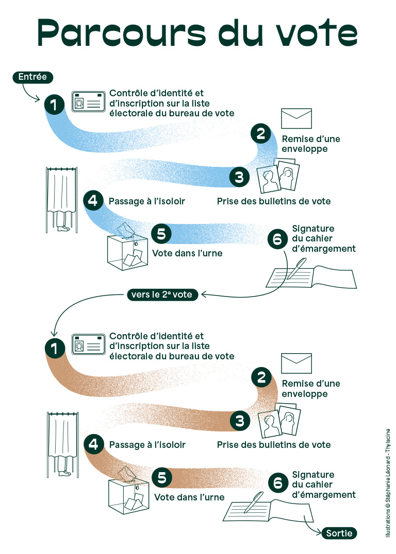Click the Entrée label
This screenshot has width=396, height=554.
click(x=32, y=77)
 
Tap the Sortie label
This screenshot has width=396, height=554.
click(x=339, y=533)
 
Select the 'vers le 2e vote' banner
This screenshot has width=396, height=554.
click(x=162, y=295)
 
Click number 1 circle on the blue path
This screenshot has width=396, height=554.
click(x=54, y=104)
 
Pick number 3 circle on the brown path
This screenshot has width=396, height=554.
click(x=239, y=422)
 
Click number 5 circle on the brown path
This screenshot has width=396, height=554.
click(x=162, y=478)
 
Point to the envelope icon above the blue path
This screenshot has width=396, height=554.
click(x=296, y=118)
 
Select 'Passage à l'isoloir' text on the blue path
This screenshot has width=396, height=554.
click(x=146, y=201)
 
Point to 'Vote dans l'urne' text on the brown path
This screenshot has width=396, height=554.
click(x=189, y=497)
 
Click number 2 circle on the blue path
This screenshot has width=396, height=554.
click(x=261, y=134)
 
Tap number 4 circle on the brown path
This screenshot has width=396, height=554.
click(x=93, y=443)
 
